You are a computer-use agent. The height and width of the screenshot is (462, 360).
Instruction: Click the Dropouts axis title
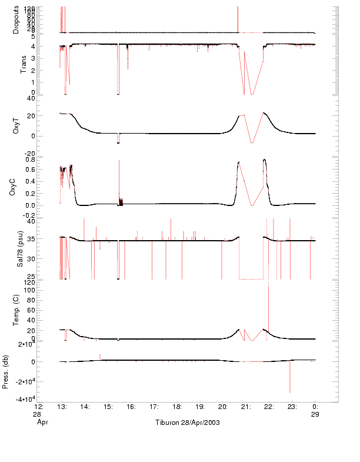16,19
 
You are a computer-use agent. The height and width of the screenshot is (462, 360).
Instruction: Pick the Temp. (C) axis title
16,310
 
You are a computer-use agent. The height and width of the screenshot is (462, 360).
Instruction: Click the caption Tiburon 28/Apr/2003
187,423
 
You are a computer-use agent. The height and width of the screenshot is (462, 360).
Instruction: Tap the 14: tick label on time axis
85,407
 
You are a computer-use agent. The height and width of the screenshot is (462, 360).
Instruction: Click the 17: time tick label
154,407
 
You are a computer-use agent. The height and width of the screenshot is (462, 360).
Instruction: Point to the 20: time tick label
223,407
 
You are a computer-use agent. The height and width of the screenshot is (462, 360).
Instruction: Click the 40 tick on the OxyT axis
49,99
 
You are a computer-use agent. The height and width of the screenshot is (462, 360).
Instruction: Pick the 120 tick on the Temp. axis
46,282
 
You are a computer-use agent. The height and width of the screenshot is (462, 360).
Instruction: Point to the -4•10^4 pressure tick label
43,400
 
